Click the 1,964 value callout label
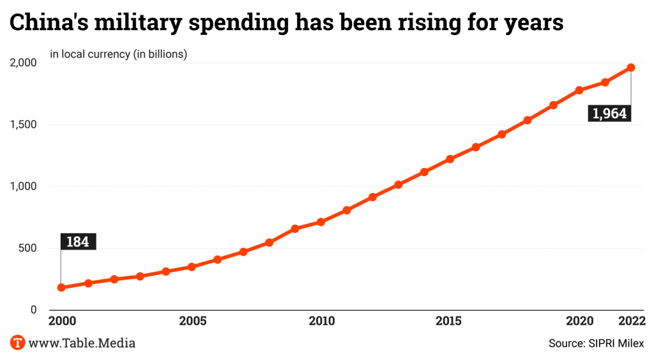click(x=610, y=114)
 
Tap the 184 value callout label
click(x=78, y=242)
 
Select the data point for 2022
click(x=631, y=67)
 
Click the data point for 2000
click(x=61, y=287)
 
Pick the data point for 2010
click(x=321, y=222)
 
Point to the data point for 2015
click(x=450, y=159)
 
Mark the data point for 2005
click(x=191, y=266)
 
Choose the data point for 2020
click(x=579, y=90)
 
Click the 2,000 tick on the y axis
click(x=24, y=63)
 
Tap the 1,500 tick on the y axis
click(x=24, y=124)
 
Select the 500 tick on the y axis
click(x=27, y=248)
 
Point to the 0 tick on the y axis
click(x=33, y=310)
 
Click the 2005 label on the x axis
click(x=192, y=320)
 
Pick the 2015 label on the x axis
click(x=450, y=320)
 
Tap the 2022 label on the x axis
click(x=630, y=320)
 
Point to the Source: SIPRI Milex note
click(x=596, y=343)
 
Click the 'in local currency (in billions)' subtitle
click(x=118, y=54)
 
